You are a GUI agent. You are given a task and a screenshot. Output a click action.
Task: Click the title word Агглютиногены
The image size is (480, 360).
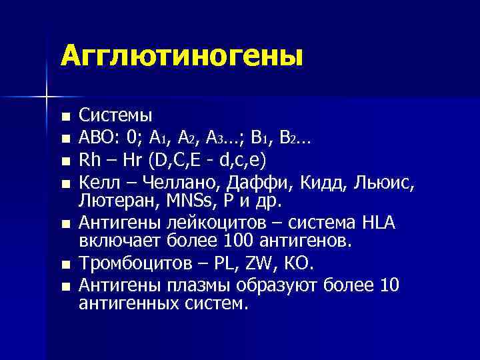click(181, 57)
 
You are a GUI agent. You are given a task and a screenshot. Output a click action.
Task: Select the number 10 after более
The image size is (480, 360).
click(389, 285)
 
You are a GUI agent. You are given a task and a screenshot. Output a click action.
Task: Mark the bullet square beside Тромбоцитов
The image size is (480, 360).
click(64, 265)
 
